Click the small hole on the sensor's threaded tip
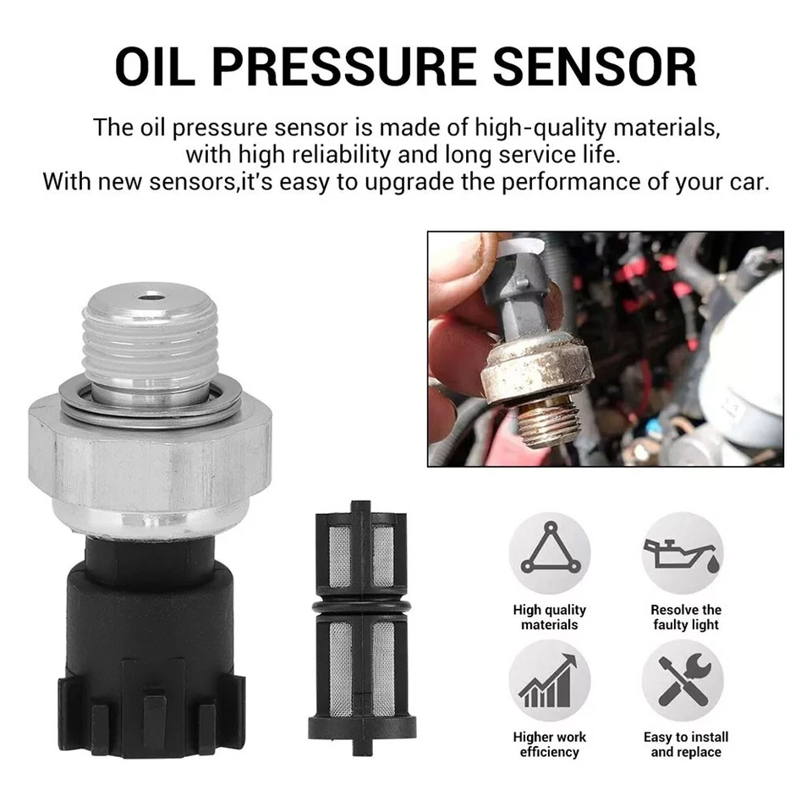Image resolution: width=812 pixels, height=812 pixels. (x=153, y=298)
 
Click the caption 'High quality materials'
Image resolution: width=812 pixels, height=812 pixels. (x=549, y=617)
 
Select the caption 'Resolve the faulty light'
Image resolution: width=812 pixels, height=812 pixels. (x=685, y=617)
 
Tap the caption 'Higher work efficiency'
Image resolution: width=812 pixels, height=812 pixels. (x=549, y=744)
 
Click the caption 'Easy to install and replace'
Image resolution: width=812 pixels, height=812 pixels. (x=685, y=744)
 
